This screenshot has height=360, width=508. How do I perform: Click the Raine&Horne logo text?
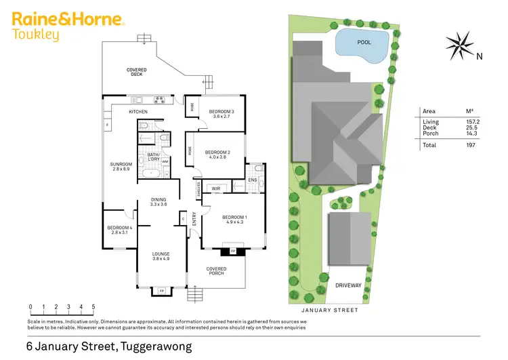[x=67, y=18]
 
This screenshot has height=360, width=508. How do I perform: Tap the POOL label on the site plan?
[x=364, y=42]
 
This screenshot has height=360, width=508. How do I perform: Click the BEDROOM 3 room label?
[x=221, y=111]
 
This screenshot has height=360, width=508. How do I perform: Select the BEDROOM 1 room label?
[x=235, y=218]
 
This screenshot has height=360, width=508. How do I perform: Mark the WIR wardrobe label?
[x=215, y=188]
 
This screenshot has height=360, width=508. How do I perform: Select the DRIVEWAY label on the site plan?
[x=348, y=285]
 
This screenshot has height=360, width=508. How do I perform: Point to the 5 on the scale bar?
[x=93, y=306]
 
